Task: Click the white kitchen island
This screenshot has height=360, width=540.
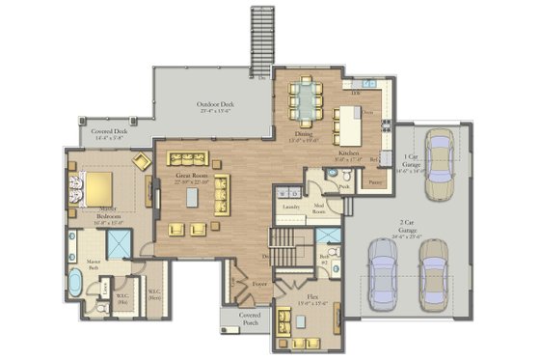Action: coord(348,124)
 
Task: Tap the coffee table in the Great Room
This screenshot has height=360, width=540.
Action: coord(193,197)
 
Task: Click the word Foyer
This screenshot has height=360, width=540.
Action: coord(259,285)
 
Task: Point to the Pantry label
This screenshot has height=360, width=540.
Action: coord(376,180)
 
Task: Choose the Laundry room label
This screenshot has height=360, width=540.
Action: coord(288,207)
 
